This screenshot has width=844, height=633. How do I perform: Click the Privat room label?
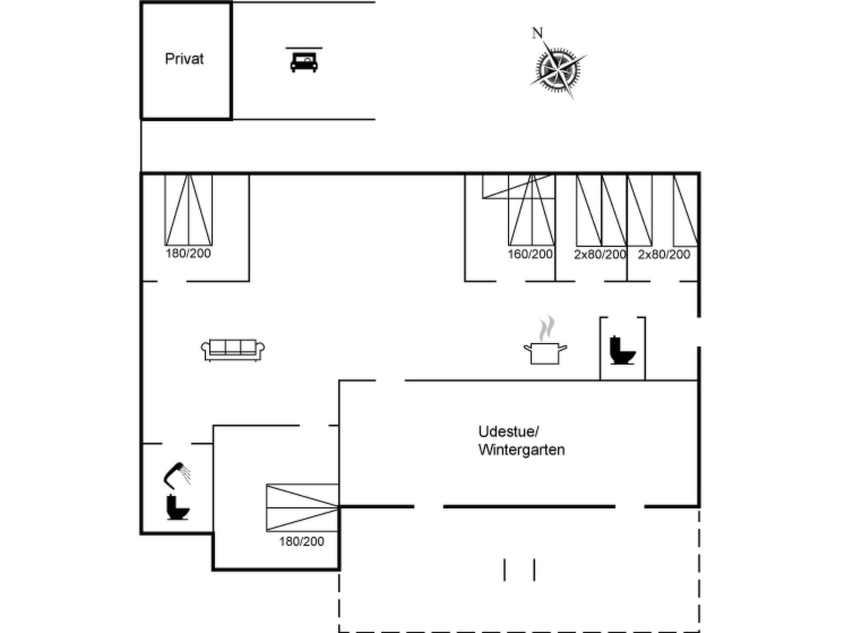pyautogui.click(x=184, y=59)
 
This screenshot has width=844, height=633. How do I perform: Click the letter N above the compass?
pyautogui.click(x=537, y=33)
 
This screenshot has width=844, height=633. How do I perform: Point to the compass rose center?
pyautogui.click(x=558, y=70)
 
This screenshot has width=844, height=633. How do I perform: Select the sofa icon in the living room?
pyautogui.click(x=233, y=350)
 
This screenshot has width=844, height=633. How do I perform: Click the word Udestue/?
pyautogui.click(x=509, y=431)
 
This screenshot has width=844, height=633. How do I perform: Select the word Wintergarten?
pyautogui.click(x=521, y=450)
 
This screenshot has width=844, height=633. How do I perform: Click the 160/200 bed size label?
pyautogui.click(x=530, y=254)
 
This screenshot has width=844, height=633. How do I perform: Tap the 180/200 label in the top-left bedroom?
pyautogui.click(x=188, y=253)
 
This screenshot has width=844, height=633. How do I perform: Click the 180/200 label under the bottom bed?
pyautogui.click(x=302, y=542)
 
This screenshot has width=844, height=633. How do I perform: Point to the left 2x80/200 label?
pyautogui.click(x=600, y=255)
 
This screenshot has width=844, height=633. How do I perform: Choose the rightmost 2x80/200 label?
pyautogui.click(x=664, y=255)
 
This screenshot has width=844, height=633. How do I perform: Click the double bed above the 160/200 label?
pyautogui.click(x=532, y=210)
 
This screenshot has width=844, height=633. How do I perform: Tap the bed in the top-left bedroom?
pyautogui.click(x=188, y=210)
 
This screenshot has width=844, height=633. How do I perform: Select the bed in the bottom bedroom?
pyautogui.click(x=302, y=508)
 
